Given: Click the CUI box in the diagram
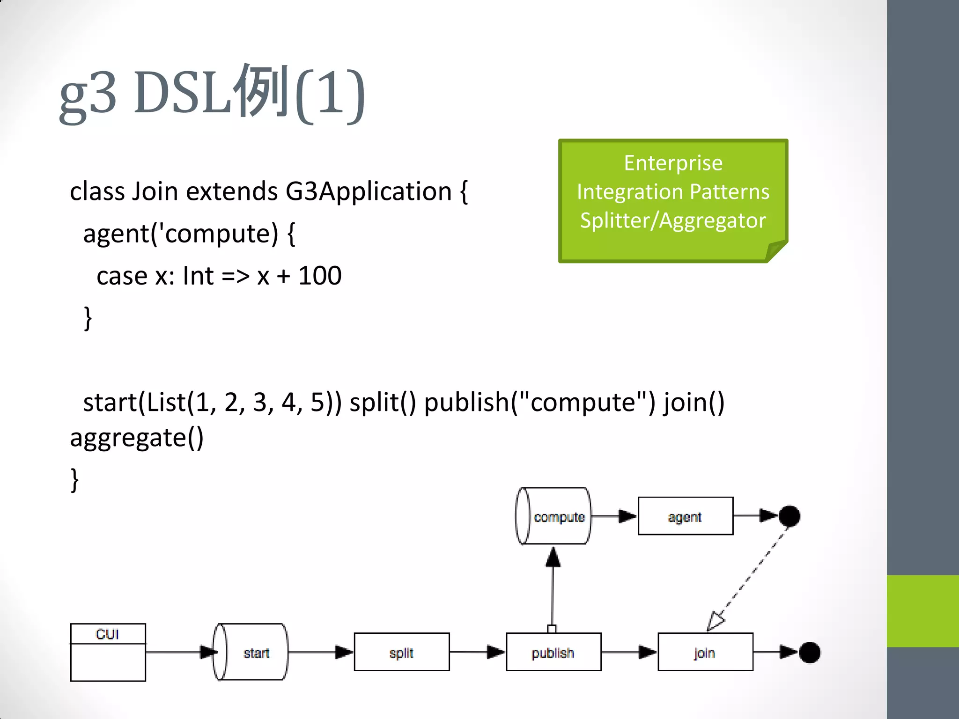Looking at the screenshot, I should tap(108, 652).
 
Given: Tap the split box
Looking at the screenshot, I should tap(401, 652).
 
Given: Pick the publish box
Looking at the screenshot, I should tap(553, 652).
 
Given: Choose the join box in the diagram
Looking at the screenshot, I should tap(705, 652).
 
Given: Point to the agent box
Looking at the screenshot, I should tap(685, 516).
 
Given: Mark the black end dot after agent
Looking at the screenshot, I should tap(789, 516).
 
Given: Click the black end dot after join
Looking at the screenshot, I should tap(809, 653).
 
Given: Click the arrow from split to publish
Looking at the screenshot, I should tap(478, 652).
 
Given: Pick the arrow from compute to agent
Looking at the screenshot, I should tap(614, 516).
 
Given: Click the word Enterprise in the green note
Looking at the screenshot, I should tap(673, 163).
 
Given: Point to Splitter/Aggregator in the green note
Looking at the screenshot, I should tap(673, 220).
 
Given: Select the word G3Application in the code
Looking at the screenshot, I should tap(369, 191).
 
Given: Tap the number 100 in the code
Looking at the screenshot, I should tap(320, 276).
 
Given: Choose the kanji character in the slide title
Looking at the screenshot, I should tap(262, 91).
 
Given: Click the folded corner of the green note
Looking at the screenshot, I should tap(776, 251).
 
